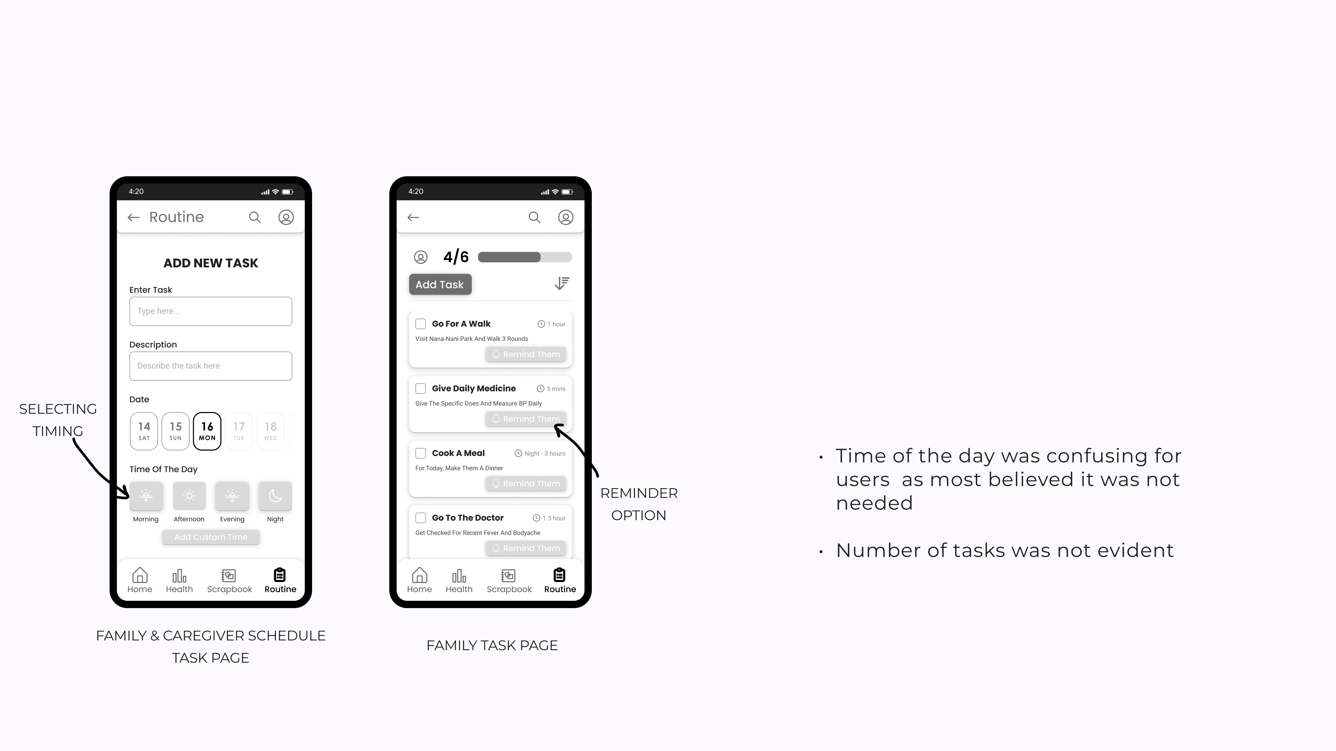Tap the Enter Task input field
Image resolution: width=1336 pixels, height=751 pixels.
(210, 311)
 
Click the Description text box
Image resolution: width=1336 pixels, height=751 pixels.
(210, 366)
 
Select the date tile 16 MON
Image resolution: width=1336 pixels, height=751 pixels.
(207, 431)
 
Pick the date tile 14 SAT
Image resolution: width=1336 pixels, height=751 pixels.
(144, 431)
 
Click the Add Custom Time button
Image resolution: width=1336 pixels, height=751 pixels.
(210, 537)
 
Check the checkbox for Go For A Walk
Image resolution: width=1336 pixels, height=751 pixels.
(421, 324)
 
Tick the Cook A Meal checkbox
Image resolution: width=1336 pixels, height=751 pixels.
(421, 453)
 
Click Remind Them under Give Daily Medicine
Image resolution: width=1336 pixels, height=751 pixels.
(526, 419)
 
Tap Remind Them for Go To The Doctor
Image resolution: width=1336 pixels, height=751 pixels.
(526, 548)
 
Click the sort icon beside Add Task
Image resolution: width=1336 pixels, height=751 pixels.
(562, 283)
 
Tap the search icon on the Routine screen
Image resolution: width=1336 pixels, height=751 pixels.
(255, 217)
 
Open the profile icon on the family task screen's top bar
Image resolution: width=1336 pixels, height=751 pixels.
(566, 217)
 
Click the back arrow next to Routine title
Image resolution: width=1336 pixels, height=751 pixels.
(134, 218)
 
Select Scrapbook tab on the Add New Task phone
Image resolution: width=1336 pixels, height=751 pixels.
(229, 581)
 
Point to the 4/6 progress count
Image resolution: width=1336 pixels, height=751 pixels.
(456, 257)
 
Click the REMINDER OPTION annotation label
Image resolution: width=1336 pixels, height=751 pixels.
(639, 504)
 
